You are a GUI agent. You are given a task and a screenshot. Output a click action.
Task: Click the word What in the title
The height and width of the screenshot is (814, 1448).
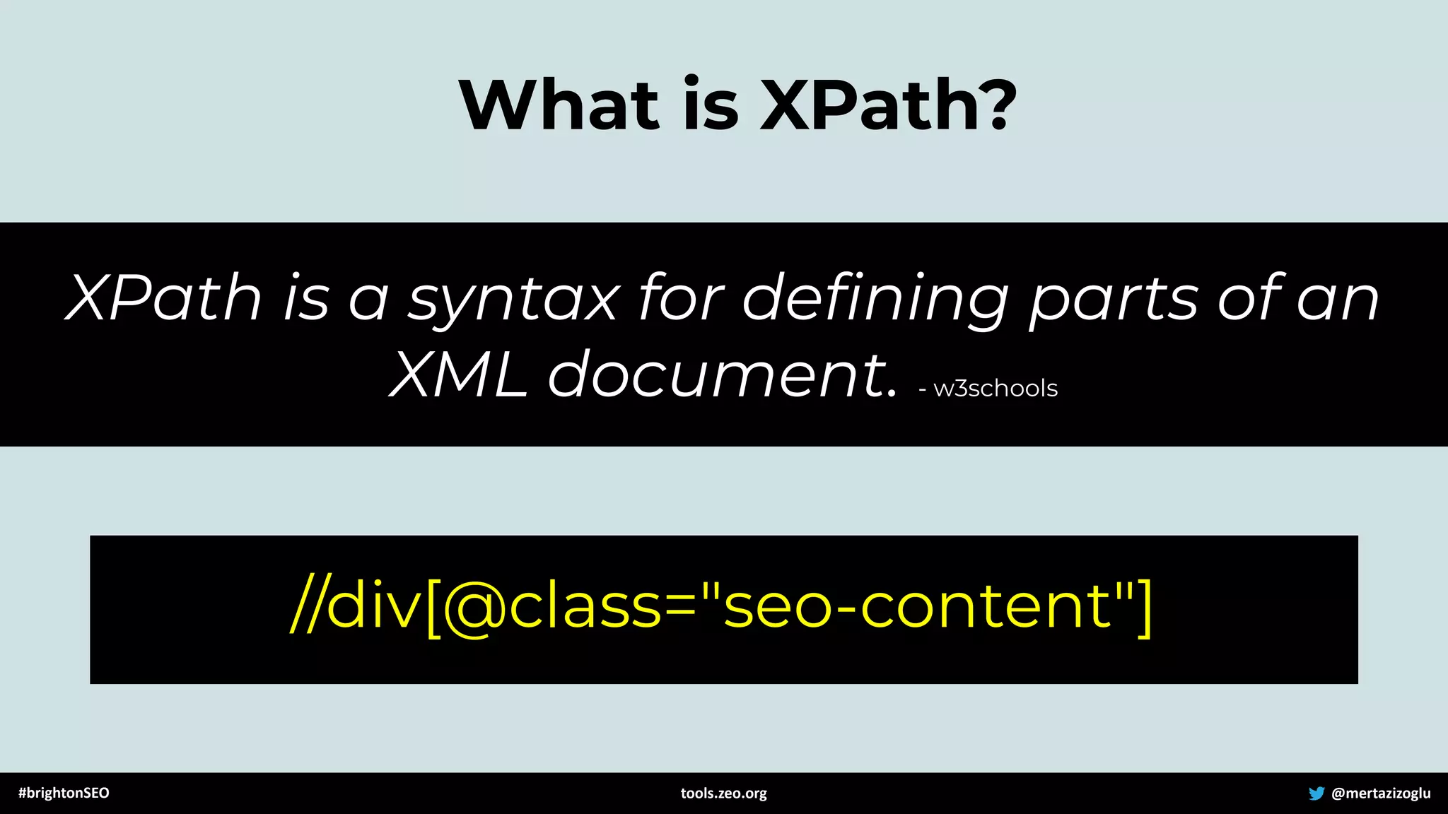pos(559,105)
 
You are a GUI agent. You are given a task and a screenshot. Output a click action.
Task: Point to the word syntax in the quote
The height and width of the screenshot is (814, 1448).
pos(514,301)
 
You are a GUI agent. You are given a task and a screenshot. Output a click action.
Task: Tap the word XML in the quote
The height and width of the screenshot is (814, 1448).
pos(458,375)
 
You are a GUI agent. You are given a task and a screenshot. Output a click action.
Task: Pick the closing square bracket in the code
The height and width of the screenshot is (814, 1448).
pos(1144,608)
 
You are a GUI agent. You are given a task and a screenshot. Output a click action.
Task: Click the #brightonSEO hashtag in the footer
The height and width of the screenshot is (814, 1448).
pos(64,793)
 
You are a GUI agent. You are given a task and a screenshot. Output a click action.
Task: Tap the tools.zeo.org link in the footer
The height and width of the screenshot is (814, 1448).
pos(723,793)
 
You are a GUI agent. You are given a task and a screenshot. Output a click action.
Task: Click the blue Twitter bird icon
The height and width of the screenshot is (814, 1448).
pos(1316,793)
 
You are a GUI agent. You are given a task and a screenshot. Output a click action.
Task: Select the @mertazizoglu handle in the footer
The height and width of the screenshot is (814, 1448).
pos(1381,793)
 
